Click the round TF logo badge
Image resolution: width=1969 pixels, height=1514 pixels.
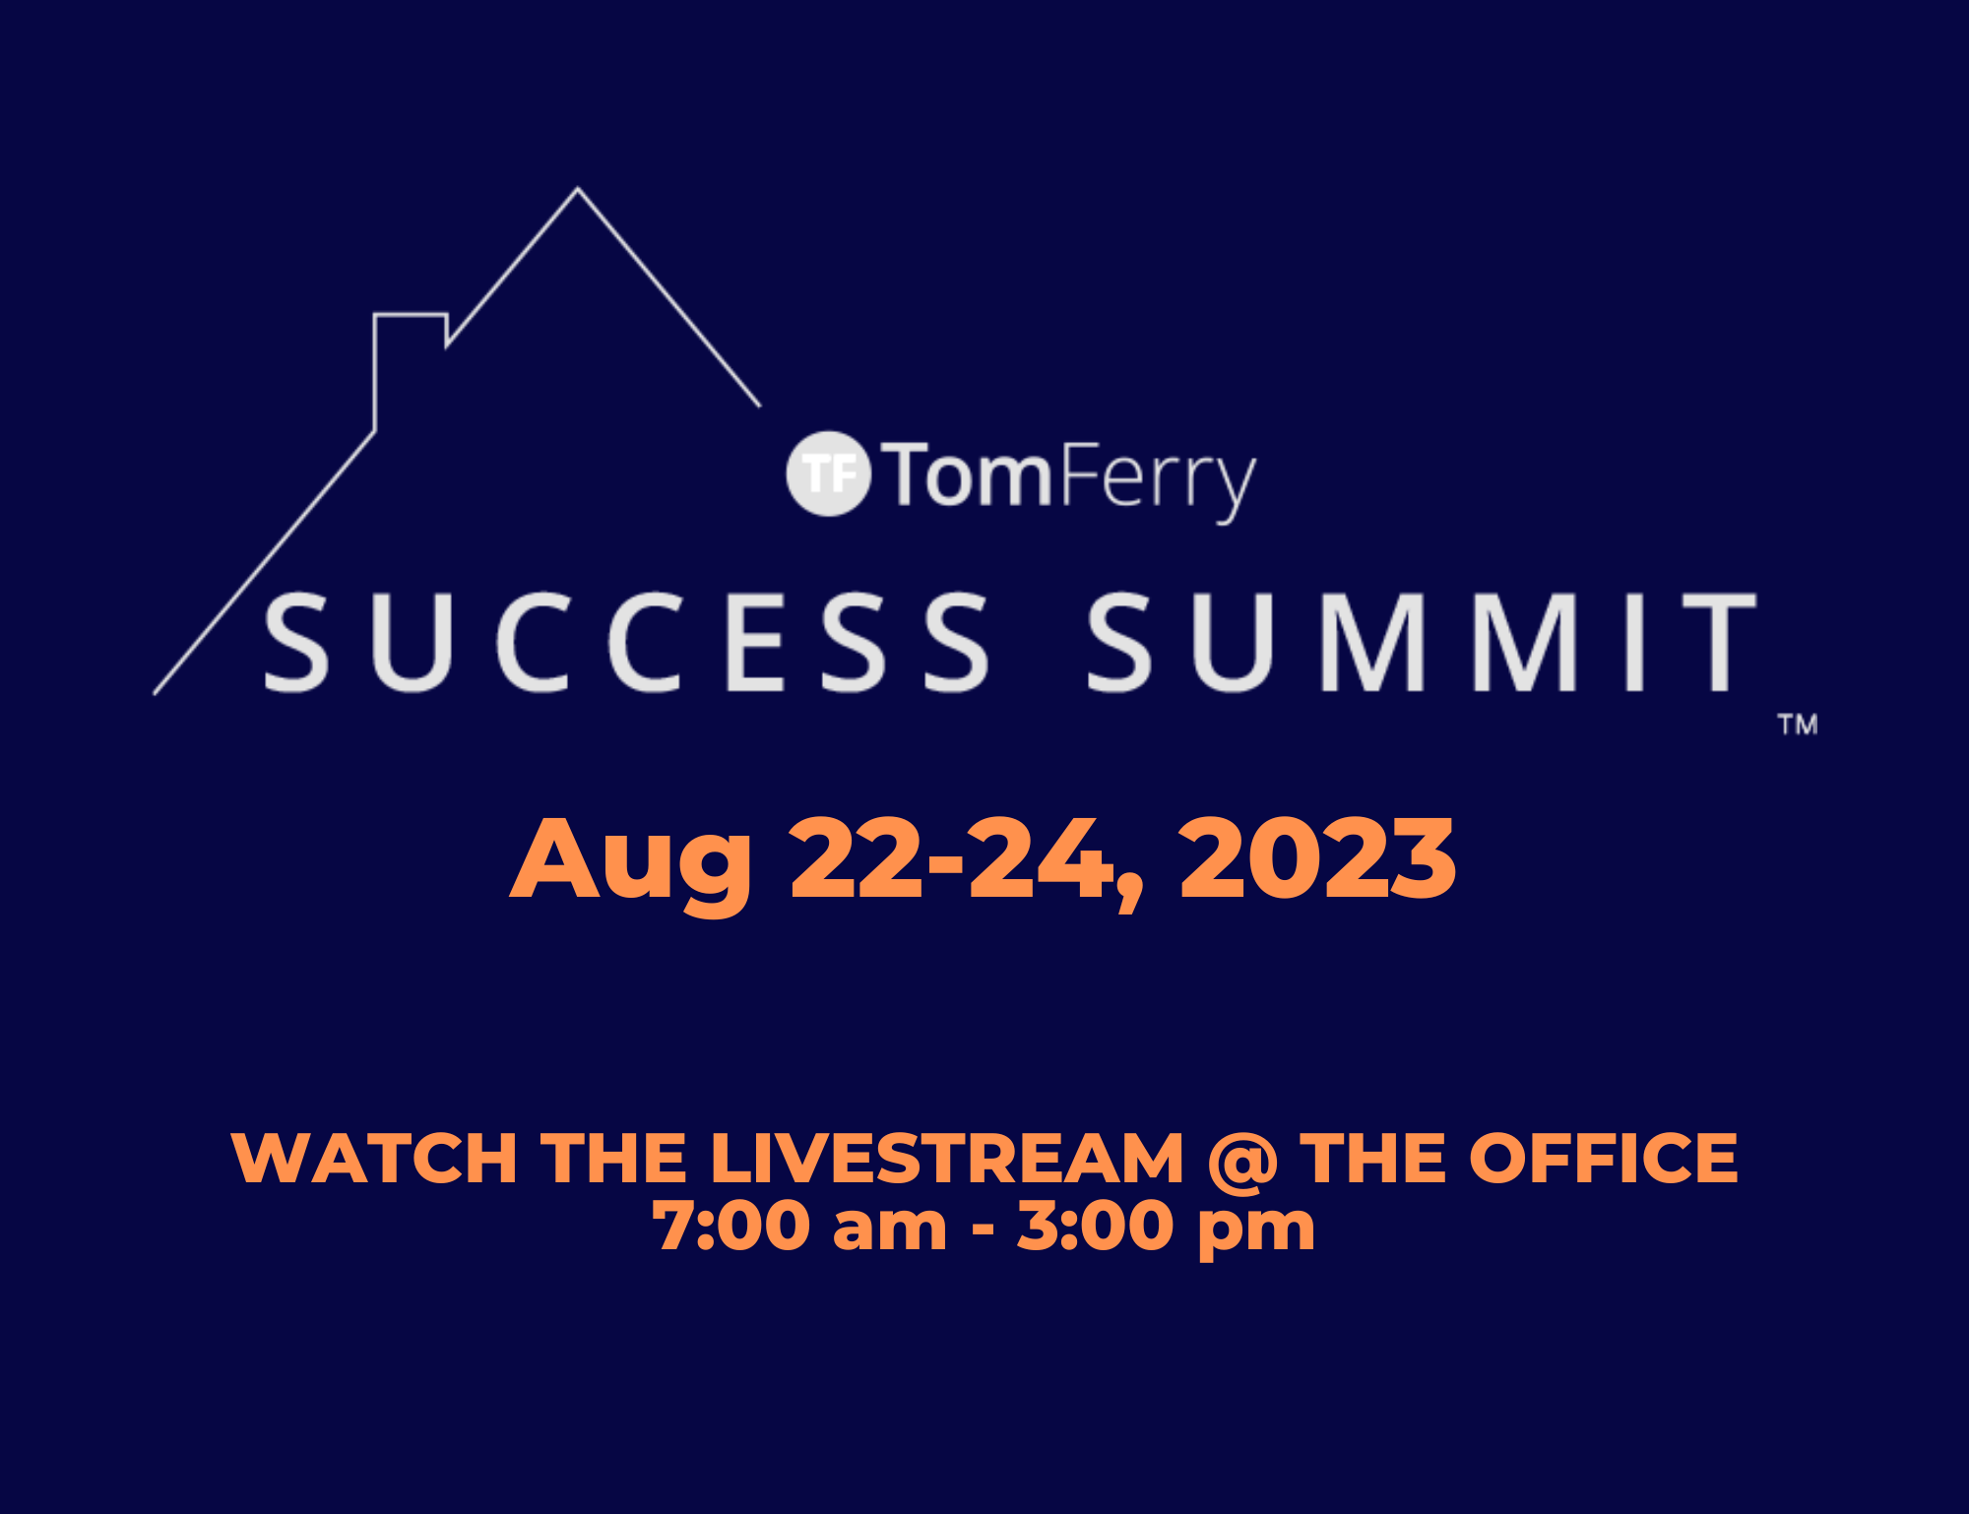coord(829,473)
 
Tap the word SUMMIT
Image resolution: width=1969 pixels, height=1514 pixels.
coord(1422,643)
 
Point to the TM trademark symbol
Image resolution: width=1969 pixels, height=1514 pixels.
coord(1798,725)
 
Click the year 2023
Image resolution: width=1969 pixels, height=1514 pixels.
coord(1317,858)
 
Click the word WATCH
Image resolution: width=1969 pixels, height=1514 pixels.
coord(374,1158)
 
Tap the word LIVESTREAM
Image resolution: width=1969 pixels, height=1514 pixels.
coord(946,1158)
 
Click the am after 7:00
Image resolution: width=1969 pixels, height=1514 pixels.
coord(889,1230)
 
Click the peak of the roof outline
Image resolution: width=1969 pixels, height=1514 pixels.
coord(578,188)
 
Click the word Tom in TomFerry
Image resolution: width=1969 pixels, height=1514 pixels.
coord(968,476)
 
